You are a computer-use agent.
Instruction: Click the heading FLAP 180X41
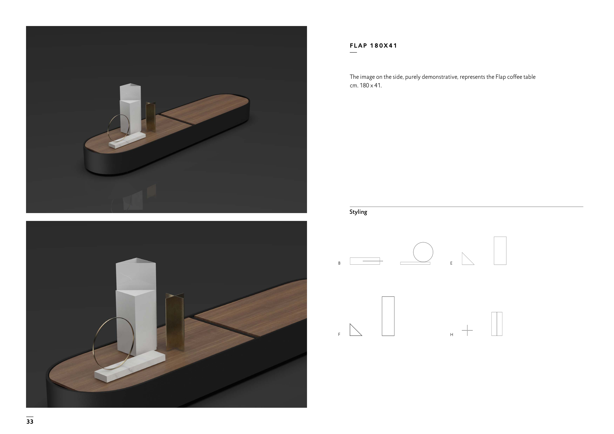pos(373,46)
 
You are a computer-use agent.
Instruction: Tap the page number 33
pos(30,421)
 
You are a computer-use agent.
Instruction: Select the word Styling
pos(358,212)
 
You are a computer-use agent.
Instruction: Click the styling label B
pos(339,263)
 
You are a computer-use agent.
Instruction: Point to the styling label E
pos(451,263)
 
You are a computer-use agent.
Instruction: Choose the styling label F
pos(339,334)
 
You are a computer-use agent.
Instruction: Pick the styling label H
pos(452,335)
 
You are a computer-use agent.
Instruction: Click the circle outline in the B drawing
pos(423,242)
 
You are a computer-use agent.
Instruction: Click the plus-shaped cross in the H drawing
pos(467,330)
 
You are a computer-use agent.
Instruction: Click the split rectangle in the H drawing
pos(497,324)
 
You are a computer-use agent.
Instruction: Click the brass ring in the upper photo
pos(108,128)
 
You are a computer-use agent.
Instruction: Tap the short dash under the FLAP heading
pos(353,52)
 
